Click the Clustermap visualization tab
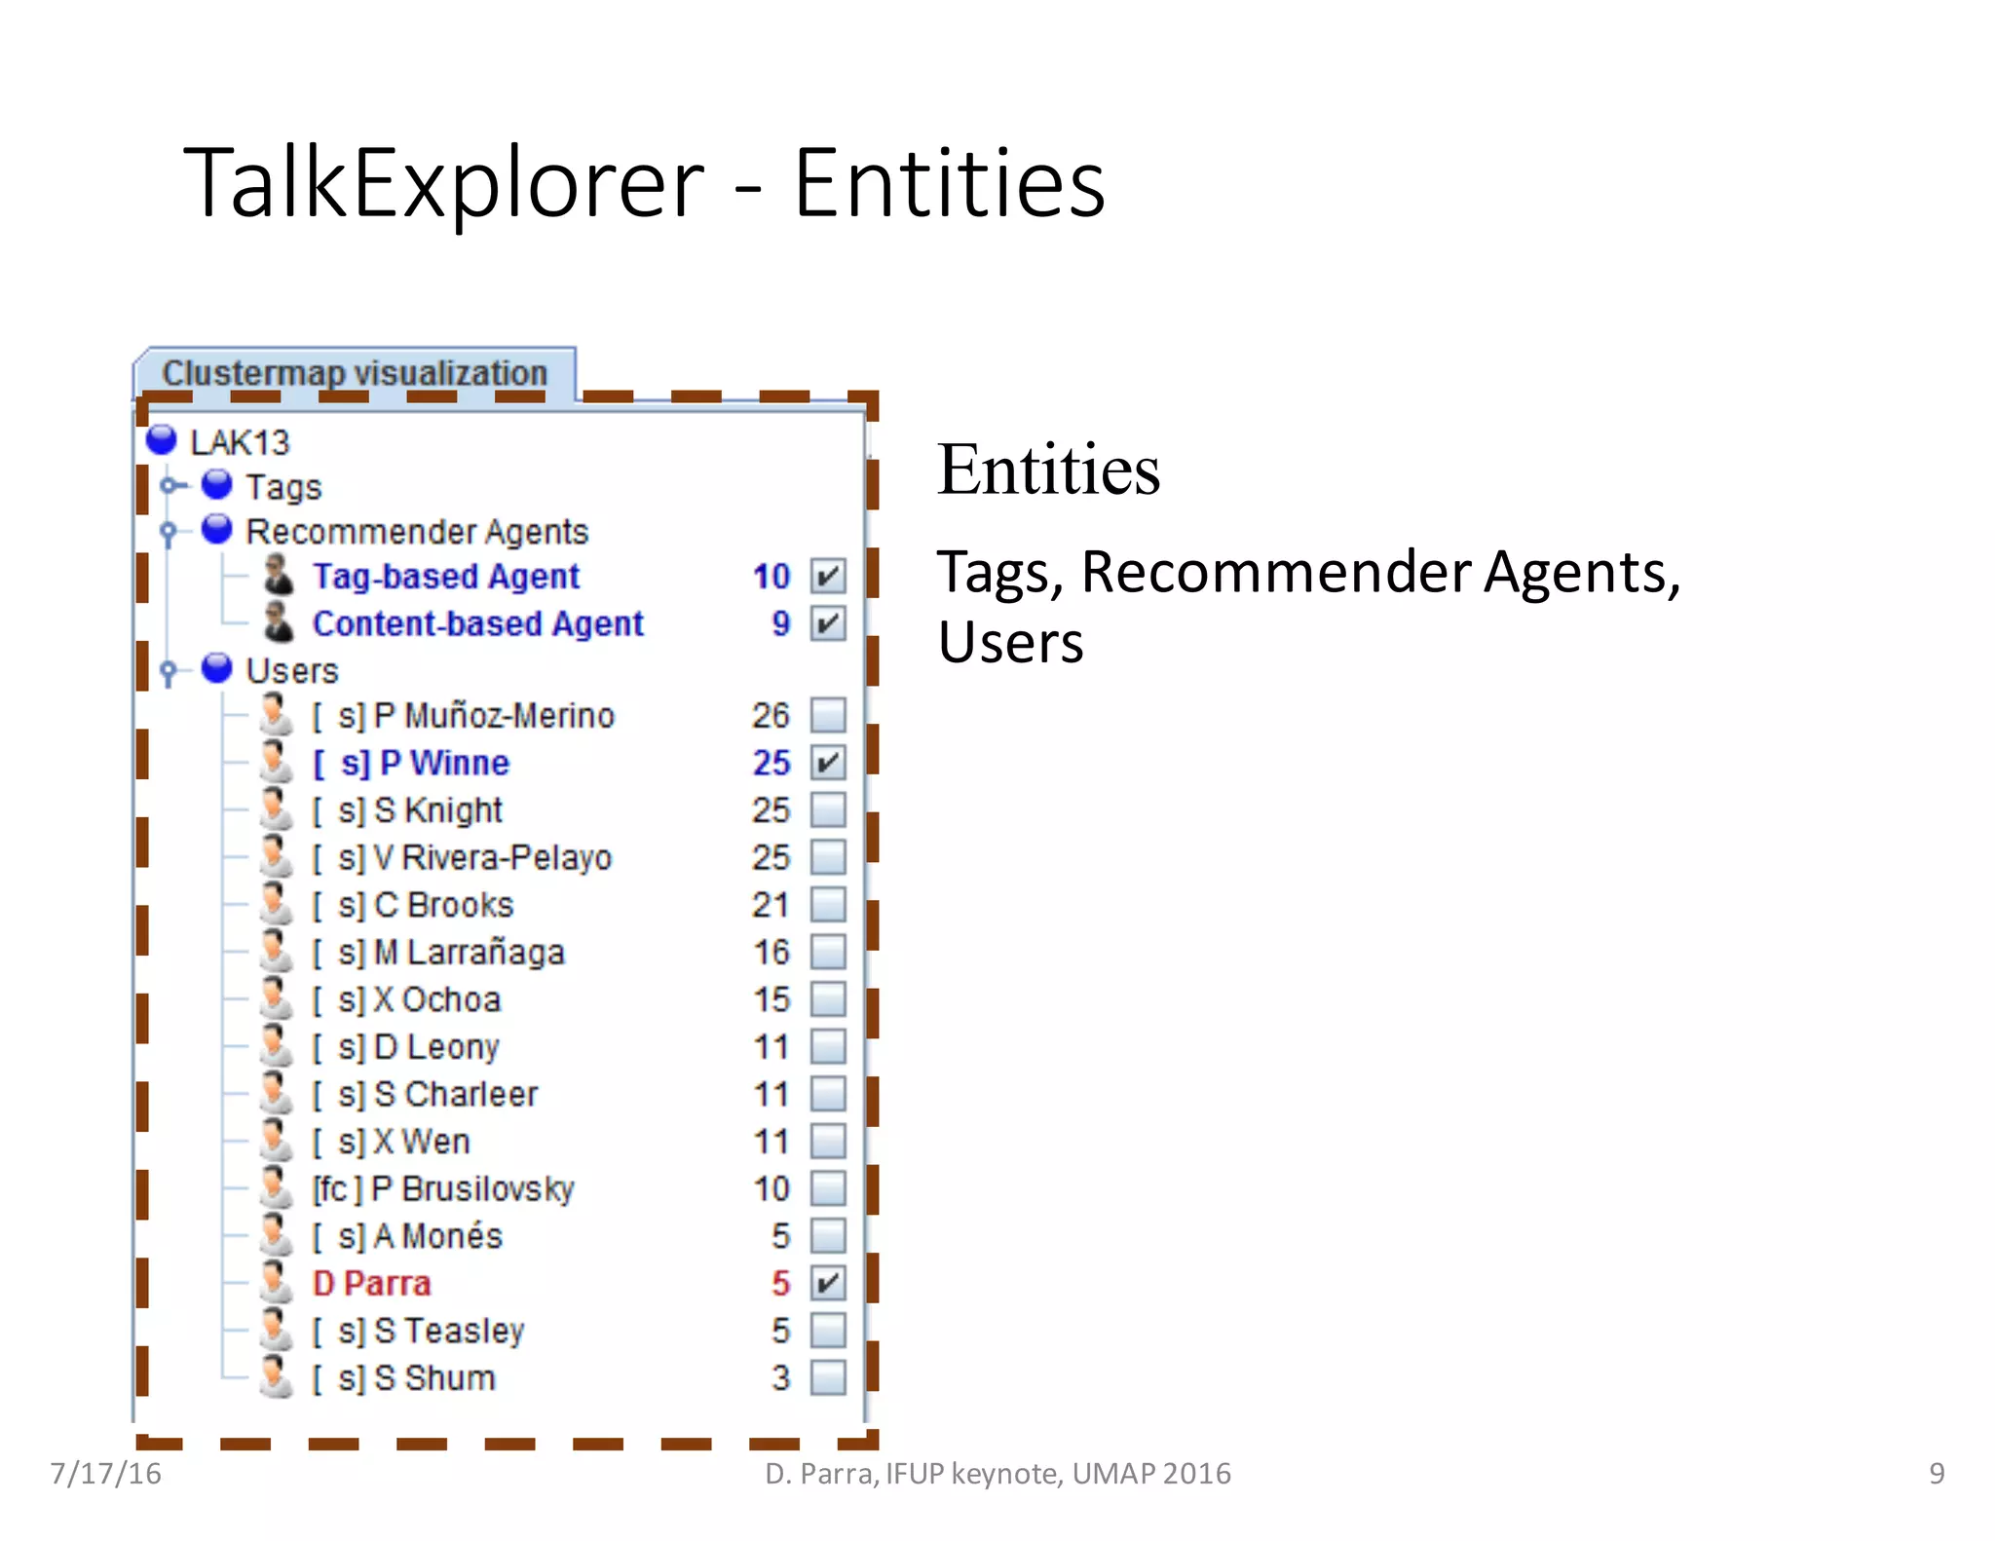(355, 373)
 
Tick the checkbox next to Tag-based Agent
(828, 577)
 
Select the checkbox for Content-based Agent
(828, 623)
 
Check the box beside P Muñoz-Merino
(828, 715)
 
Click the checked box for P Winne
(828, 763)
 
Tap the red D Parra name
(371, 1284)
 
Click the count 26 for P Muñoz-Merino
(771, 716)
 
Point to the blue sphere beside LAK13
(162, 440)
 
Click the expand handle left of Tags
(169, 485)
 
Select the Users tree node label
(292, 671)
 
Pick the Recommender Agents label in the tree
(417, 532)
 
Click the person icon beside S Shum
(277, 1376)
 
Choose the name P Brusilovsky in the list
(473, 1189)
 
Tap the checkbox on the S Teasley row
(828, 1331)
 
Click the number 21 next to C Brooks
(771, 905)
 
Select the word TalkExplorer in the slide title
(443, 183)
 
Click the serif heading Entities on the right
(1048, 470)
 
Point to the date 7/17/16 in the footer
(106, 1473)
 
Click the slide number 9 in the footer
(1937, 1473)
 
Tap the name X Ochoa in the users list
(437, 1000)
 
